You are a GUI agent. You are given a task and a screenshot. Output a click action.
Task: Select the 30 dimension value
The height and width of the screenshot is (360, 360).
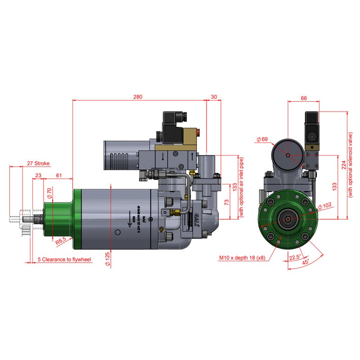pos(213,96)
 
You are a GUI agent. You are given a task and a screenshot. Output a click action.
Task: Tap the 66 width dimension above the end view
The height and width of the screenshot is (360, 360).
pos(304,98)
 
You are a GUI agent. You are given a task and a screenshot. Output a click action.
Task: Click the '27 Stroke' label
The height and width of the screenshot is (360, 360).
pos(38,163)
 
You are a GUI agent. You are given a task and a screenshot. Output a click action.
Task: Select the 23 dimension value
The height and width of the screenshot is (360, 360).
pos(38,175)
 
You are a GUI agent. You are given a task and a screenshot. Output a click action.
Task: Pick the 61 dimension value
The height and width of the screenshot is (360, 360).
pos(59,175)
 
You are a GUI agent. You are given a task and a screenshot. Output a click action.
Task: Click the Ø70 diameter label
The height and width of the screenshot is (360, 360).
pos(49,193)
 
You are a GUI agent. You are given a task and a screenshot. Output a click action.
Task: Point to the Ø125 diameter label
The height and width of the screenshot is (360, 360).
pos(108,259)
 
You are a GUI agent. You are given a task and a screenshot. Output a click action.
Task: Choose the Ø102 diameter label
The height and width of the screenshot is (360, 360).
pos(325,207)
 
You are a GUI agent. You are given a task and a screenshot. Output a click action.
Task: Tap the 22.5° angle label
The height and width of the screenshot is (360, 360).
pos(295,257)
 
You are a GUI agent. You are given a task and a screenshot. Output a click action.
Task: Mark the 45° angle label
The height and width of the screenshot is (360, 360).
pos(306,262)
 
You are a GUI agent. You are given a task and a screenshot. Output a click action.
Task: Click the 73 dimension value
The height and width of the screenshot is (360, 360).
pos(227,201)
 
